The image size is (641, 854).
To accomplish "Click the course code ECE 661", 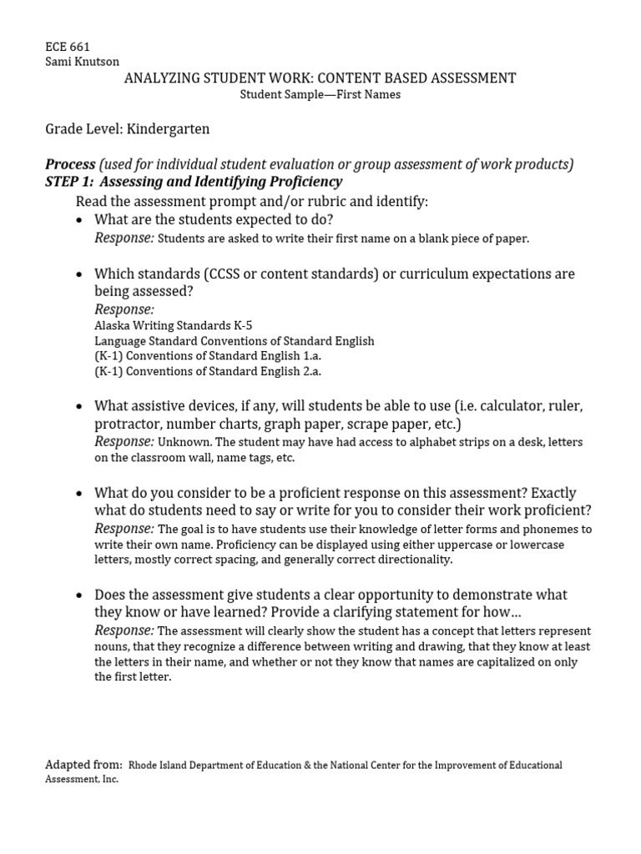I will [67, 47].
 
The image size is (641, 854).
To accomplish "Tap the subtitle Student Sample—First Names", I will [320, 94].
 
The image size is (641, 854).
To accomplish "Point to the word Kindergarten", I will [168, 129].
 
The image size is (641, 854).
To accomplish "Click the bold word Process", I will [70, 164].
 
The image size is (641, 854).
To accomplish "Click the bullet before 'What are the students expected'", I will [79, 221].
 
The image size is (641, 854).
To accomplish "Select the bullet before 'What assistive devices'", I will [79, 408].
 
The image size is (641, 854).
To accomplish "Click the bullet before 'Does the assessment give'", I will [79, 595].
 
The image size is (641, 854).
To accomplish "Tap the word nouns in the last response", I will [111, 646].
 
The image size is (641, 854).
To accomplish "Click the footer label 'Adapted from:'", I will [83, 765].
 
